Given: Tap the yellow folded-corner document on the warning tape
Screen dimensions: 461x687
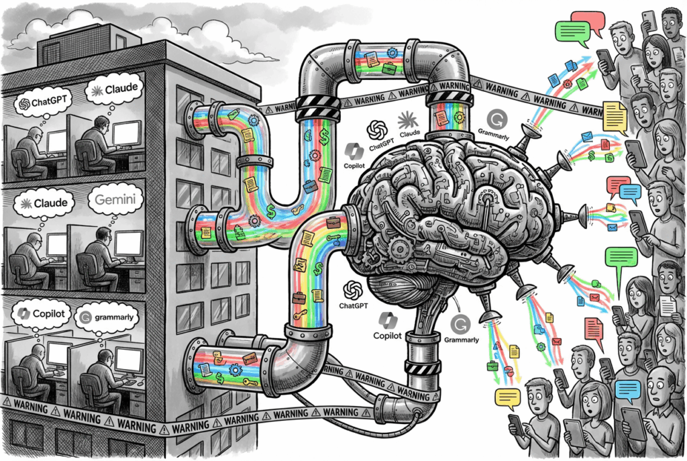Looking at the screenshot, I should (614, 116).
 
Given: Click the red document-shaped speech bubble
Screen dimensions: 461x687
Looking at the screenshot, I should (594, 329).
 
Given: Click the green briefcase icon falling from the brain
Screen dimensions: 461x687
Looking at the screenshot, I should (492, 366).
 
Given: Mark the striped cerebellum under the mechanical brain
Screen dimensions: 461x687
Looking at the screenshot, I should (396, 289).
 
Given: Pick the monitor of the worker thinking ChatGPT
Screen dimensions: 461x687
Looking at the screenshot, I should (56, 141).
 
